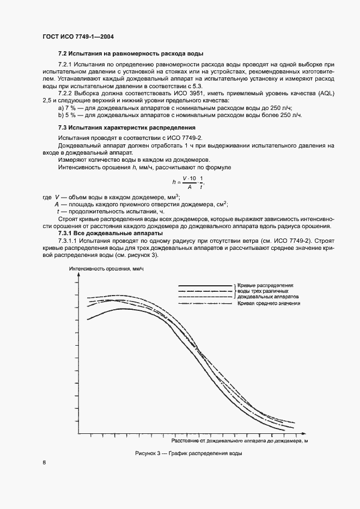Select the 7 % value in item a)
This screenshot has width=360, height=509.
(x=70, y=108)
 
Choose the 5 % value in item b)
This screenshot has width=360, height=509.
(x=70, y=115)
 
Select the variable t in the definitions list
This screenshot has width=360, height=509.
(x=58, y=211)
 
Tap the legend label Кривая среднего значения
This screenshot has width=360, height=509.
(x=269, y=303)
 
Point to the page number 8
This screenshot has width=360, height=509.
(x=44, y=463)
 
